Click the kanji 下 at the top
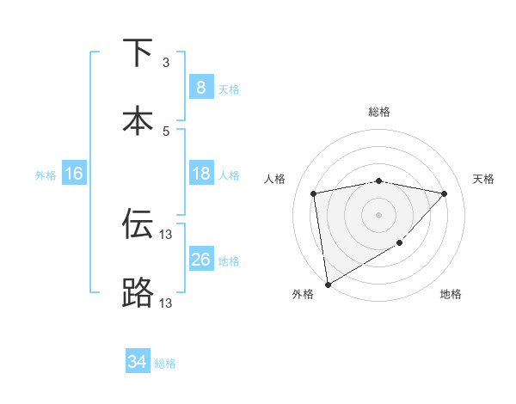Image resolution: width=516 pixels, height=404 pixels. click(138, 54)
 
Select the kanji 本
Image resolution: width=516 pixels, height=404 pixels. click(138, 119)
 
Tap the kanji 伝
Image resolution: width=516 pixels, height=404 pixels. click(138, 225)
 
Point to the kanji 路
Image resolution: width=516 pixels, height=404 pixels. click(138, 292)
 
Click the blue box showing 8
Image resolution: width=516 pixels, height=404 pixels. click(200, 88)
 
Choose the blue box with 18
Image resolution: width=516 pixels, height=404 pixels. click(200, 174)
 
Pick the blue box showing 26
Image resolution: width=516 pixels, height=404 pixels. click(200, 260)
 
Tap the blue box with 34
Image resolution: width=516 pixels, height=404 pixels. click(137, 362)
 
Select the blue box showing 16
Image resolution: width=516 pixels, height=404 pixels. click(74, 174)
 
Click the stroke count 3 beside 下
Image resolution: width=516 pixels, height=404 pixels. click(166, 63)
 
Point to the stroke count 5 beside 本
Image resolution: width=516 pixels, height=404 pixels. click(166, 131)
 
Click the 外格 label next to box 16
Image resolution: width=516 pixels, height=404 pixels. click(46, 175)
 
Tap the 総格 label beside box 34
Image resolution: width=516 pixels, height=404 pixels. click(166, 364)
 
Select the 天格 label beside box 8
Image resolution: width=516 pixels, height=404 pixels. click(229, 89)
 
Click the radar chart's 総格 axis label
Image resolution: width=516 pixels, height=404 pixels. click(379, 113)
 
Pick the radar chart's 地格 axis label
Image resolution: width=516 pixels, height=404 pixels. click(451, 295)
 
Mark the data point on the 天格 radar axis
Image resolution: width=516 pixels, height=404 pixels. click(445, 193)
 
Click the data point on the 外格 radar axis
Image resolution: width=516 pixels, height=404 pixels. click(327, 284)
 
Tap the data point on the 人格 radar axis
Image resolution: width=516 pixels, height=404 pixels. click(314, 193)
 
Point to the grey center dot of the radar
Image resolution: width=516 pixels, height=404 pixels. click(379, 214)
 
